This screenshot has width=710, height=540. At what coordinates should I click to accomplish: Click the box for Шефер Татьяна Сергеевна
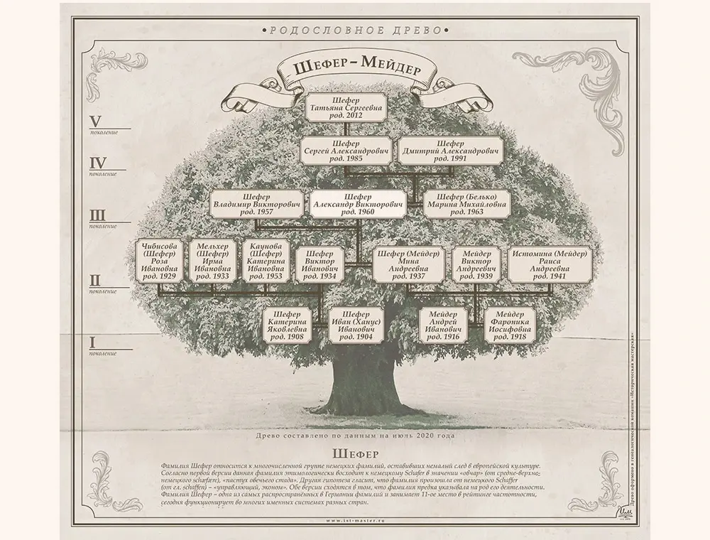coord(346,107)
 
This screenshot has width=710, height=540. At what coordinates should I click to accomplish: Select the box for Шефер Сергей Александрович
coord(346,151)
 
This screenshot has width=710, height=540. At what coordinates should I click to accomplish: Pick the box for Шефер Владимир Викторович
coord(256,204)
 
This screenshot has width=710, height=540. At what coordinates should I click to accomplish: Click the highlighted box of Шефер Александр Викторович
coord(358,204)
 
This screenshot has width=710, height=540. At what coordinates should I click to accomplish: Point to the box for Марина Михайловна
coord(466,204)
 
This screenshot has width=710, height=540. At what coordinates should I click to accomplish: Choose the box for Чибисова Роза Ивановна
coord(159,261)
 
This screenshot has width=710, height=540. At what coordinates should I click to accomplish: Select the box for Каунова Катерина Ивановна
coord(265,261)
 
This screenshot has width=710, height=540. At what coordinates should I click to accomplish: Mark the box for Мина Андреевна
coord(408,266)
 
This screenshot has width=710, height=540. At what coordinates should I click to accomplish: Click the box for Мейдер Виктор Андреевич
coord(476,266)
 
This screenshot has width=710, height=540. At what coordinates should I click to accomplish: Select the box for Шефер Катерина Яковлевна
coord(288,326)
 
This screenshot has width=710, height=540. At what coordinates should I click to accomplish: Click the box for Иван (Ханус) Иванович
coord(356,326)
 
